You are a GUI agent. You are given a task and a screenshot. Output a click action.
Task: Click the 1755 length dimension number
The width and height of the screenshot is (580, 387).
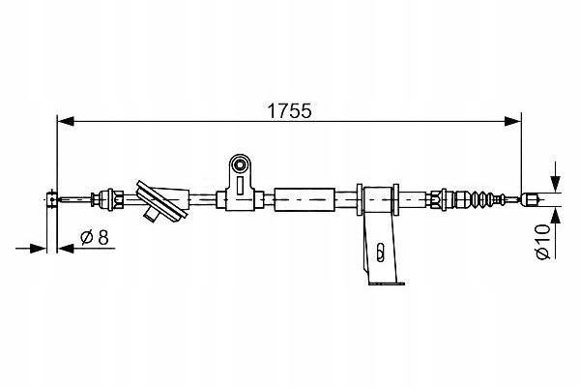click(x=290, y=110)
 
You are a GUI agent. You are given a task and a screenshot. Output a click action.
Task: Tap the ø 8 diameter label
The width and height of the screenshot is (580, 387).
click(x=95, y=237)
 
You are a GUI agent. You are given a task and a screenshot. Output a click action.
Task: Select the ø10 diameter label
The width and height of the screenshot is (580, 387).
click(x=543, y=242)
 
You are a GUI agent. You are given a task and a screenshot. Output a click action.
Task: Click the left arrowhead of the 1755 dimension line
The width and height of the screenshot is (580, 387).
click(x=66, y=121)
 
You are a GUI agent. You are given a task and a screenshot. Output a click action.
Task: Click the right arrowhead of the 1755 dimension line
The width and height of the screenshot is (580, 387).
click(x=512, y=121)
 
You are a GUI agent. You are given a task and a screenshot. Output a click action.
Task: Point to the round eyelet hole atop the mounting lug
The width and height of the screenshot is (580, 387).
click(x=241, y=164)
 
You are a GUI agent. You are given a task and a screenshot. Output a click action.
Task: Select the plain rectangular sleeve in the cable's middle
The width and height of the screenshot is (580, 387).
click(x=304, y=199)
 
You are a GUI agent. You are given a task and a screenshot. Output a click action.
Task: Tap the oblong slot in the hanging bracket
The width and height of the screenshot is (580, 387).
click(x=380, y=253)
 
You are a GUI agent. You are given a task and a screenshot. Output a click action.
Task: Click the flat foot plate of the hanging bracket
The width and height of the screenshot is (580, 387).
click(x=387, y=283)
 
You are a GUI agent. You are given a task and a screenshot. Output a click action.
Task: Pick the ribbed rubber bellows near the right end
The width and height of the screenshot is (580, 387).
click(x=481, y=199)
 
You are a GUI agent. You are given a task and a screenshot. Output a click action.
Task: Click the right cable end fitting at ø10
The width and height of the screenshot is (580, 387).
click(x=529, y=199)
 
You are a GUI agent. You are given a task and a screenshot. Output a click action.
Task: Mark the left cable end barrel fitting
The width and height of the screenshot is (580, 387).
click(x=52, y=199)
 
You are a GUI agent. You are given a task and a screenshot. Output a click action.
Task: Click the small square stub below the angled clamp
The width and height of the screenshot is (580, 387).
click(x=151, y=214)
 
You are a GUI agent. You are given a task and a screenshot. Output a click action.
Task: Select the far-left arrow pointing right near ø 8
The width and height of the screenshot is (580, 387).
click(x=31, y=249)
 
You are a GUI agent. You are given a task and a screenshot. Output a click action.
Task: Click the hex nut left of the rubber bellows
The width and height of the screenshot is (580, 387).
click(x=436, y=199)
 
